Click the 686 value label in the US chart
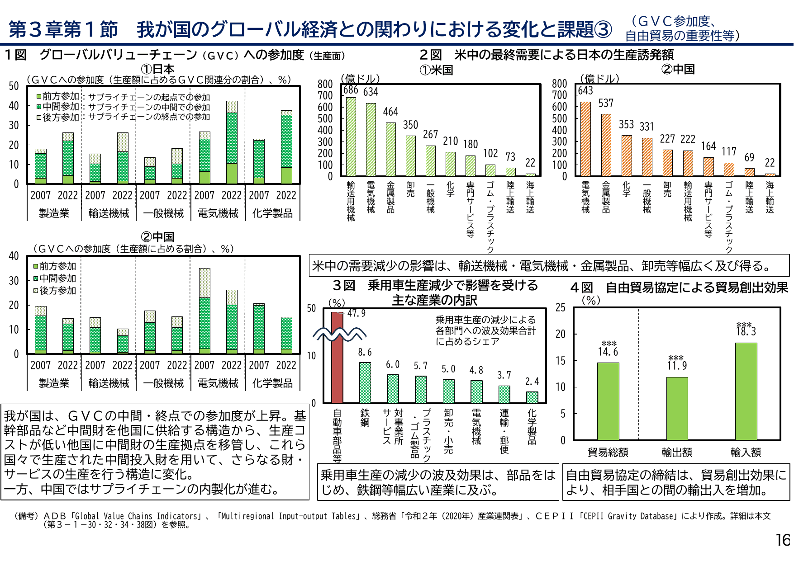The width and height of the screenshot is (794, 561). pos(351,90)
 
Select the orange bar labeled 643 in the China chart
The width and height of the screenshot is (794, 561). pos(585,139)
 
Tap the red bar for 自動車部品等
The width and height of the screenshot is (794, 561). pos(337,357)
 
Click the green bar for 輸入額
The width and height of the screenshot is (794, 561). pos(746,391)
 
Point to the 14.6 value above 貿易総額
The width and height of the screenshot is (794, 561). pos(608,352)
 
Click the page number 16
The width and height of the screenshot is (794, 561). pos(783,540)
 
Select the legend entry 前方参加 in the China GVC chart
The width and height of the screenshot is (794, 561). pos(57,266)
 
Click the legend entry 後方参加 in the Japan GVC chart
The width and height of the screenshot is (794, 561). pos(60,118)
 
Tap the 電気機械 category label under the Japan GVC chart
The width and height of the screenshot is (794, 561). pos(218,213)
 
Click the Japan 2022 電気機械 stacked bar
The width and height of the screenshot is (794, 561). pos(232,142)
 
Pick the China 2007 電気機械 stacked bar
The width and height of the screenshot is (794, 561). pos(204,311)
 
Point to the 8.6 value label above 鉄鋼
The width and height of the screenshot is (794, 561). pos(365,352)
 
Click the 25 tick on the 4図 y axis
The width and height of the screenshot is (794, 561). pos(561,308)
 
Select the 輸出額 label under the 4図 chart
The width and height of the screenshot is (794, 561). pos(677,452)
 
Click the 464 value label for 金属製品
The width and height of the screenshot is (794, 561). pos(390,112)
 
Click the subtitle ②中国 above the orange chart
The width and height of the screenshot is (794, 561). pos(678,69)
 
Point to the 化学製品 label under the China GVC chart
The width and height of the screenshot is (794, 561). pos(272,383)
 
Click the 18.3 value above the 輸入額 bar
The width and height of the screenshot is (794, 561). pos(746,331)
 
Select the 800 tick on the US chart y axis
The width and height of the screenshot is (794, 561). pos(325,84)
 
